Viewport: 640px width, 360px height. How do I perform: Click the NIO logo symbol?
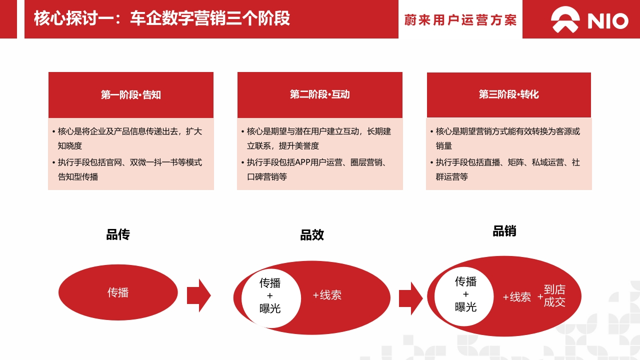point(565,19)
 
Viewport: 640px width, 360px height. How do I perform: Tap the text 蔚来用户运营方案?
point(460,20)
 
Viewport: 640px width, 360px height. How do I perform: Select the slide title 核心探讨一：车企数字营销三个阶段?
point(161,18)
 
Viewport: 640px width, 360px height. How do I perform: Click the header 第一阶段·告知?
point(131,94)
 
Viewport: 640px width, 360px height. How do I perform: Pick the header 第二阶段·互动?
point(319,94)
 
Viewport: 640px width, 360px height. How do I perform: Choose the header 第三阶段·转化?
point(509,94)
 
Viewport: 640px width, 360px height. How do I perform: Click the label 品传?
point(118,234)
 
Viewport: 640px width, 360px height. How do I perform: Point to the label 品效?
point(312,235)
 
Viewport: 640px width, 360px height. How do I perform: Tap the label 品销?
point(504,231)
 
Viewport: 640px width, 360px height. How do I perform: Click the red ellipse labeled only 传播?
point(118,292)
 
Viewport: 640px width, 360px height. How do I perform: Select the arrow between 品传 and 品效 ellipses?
point(199,295)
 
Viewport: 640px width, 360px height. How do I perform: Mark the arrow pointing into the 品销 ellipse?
point(411,298)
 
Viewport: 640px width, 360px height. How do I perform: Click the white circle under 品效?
point(271,298)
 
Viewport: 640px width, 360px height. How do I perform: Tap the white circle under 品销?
point(464,296)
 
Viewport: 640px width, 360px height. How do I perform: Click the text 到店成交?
point(554,295)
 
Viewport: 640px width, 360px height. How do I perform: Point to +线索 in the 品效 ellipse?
point(327,295)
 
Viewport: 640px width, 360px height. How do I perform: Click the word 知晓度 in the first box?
point(69,146)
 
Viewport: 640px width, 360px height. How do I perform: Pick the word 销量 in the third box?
point(443,146)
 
